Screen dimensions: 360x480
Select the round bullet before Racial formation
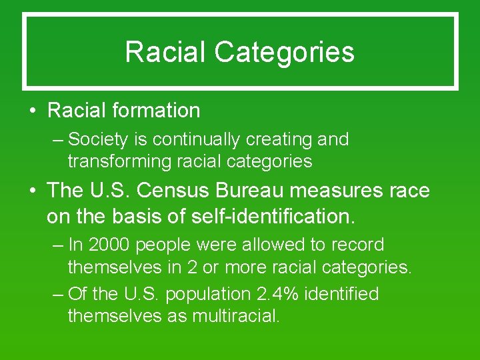33,111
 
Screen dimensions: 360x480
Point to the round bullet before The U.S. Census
33,191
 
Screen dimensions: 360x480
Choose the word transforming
120,161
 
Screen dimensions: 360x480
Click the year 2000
109,245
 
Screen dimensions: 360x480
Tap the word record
359,245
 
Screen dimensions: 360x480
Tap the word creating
277,139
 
